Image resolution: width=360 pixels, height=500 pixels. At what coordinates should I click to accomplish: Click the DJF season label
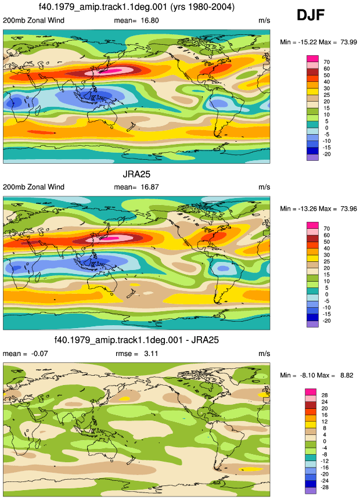(x=311, y=15)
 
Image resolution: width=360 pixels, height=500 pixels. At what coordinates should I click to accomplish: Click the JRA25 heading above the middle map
(x=136, y=174)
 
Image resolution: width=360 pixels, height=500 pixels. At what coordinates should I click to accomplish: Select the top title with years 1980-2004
(x=136, y=7)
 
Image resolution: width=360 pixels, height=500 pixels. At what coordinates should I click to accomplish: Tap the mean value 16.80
(x=150, y=20)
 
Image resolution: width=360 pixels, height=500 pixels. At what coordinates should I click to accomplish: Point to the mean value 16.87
(x=150, y=187)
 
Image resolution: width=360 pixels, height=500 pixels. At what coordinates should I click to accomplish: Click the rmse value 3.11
(x=151, y=353)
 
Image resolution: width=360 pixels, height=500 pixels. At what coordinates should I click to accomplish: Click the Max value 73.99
(x=348, y=42)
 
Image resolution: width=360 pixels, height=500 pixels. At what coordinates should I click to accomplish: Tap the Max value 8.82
(x=347, y=375)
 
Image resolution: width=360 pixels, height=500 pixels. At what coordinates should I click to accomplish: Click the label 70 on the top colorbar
(x=326, y=62)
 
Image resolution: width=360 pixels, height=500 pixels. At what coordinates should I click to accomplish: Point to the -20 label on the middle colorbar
(x=326, y=321)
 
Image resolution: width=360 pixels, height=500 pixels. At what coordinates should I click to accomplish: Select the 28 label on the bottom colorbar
(x=325, y=395)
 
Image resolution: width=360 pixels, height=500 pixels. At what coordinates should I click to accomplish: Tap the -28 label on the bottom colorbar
(x=325, y=487)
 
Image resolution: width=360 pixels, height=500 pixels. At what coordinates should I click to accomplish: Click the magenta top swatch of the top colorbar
(x=312, y=59)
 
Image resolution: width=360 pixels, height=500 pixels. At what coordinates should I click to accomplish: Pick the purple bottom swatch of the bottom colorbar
(x=311, y=491)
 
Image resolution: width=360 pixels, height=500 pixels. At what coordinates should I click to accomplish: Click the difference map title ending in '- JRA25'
(x=136, y=340)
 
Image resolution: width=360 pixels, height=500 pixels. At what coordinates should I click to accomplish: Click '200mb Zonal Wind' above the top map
(x=34, y=20)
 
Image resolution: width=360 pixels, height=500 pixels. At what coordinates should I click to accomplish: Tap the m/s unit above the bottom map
(x=264, y=354)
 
